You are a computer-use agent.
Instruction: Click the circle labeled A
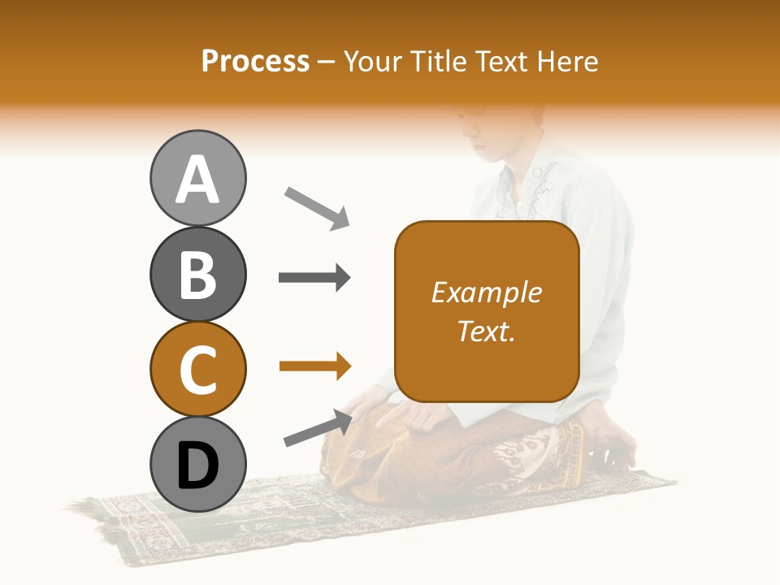point(197,179)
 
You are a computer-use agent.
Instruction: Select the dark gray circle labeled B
point(197,275)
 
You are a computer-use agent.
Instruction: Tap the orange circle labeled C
point(197,370)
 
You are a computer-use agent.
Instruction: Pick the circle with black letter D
point(197,465)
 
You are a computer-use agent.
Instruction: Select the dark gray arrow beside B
point(314,278)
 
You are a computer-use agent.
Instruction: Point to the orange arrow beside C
point(314,366)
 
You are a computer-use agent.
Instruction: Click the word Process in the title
point(255,62)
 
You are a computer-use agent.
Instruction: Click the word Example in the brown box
point(486,293)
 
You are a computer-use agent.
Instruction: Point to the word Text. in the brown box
point(486,331)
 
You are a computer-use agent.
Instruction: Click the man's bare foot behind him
point(609,443)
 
